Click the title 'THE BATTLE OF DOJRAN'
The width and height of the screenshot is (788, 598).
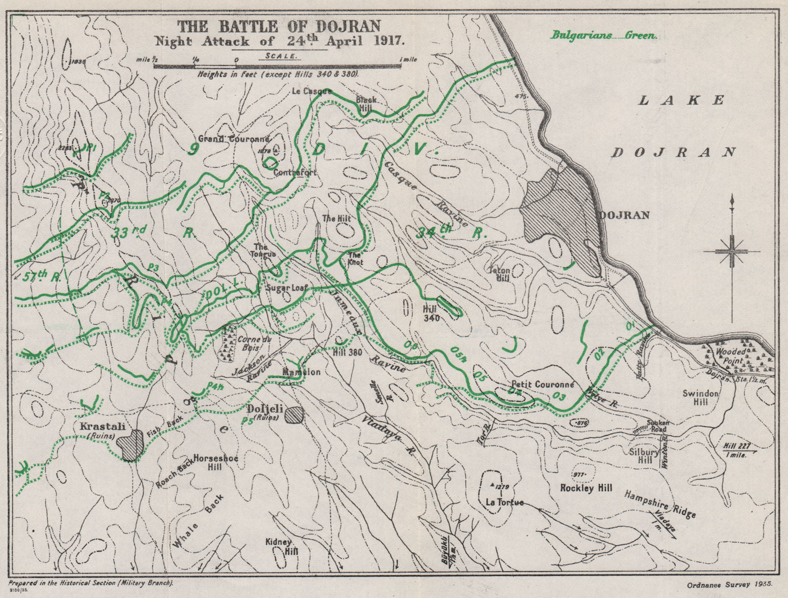click(x=279, y=26)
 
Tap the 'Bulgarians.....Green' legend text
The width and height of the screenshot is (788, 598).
click(x=604, y=35)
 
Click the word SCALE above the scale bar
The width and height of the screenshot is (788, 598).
click(x=281, y=56)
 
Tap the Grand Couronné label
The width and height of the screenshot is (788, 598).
click(x=234, y=139)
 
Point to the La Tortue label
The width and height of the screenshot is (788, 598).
click(x=498, y=502)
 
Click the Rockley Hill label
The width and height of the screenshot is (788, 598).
click(x=587, y=487)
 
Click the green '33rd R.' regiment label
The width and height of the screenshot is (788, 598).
click(x=153, y=232)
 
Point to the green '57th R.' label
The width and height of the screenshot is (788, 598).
click(x=41, y=277)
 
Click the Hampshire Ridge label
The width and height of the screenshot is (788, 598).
click(x=660, y=503)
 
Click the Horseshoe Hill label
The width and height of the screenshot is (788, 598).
click(x=216, y=462)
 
